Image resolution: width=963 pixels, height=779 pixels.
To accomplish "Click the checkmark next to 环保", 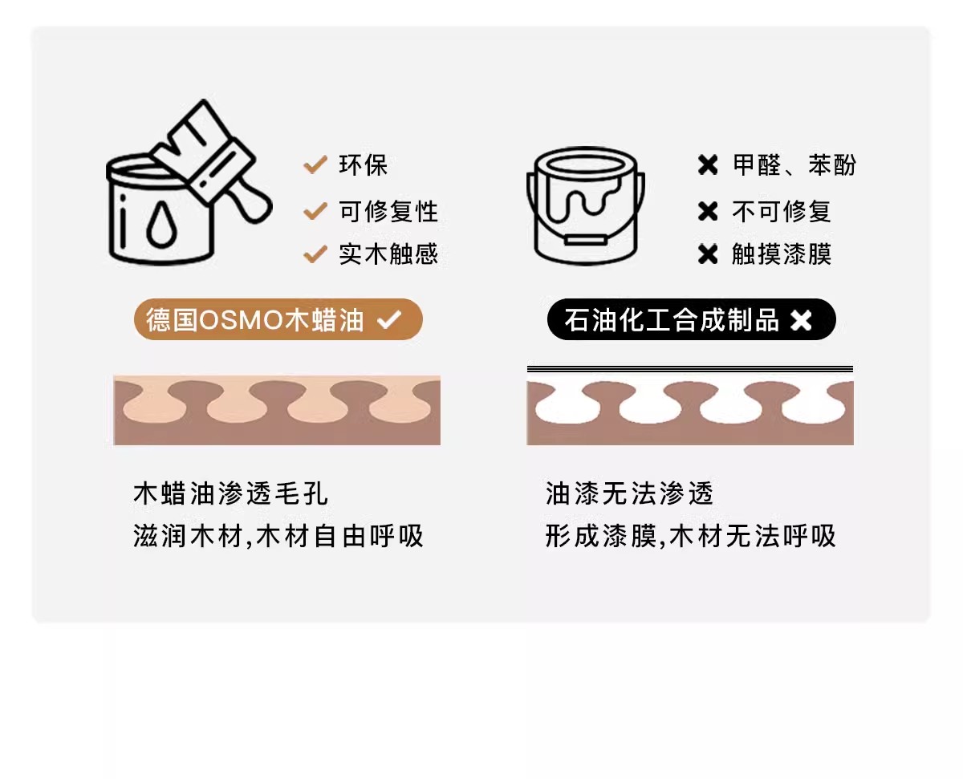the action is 315,164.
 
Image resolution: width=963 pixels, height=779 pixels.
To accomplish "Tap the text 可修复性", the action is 388,211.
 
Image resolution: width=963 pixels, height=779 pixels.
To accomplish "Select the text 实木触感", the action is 388,254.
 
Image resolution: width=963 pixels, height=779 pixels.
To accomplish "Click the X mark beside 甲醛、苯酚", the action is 708,165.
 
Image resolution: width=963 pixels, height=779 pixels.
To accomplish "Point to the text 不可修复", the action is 782,211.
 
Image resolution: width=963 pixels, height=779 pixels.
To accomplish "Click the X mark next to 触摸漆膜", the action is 708,254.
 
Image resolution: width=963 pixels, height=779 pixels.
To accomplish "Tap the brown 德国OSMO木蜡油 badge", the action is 278,319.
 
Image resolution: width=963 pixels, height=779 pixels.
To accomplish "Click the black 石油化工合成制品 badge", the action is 691,319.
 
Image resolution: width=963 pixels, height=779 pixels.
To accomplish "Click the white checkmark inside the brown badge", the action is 389,319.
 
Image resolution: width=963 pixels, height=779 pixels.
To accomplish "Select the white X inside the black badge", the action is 801,320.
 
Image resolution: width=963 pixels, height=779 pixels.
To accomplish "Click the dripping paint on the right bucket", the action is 583,199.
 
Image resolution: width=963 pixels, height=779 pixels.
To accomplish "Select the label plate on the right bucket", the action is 586,241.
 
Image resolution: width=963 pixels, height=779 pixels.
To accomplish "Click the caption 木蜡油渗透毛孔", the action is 230,493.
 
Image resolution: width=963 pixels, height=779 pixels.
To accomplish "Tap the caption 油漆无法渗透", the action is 629,493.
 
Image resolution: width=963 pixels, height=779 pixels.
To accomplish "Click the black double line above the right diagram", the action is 690,369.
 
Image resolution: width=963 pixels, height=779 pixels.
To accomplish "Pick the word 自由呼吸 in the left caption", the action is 369,536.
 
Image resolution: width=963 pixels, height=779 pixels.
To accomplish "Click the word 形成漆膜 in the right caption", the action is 601,536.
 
